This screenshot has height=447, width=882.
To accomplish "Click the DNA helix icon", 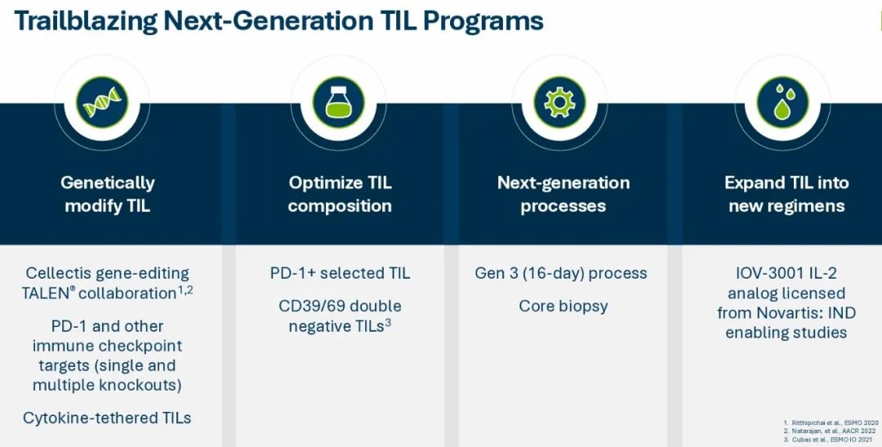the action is click(x=102, y=102).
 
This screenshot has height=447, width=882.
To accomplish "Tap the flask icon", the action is click(x=338, y=102).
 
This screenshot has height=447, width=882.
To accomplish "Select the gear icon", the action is click(x=559, y=102).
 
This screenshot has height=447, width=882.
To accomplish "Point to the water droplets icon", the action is click(x=783, y=102).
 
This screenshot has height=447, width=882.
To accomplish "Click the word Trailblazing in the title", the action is click(x=86, y=20).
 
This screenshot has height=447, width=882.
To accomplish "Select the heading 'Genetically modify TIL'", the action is click(x=108, y=194).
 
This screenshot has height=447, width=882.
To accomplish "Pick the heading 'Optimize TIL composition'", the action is click(x=340, y=194).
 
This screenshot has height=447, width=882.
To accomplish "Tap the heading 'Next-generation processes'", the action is click(x=563, y=194).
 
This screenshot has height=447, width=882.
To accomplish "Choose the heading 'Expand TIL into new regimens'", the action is click(x=786, y=194).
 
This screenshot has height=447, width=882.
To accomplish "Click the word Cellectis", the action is click(x=59, y=273).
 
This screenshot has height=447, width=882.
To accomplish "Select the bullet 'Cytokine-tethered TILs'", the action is click(x=107, y=418).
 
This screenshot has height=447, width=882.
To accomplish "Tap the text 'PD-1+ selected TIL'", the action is click(x=340, y=273).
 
